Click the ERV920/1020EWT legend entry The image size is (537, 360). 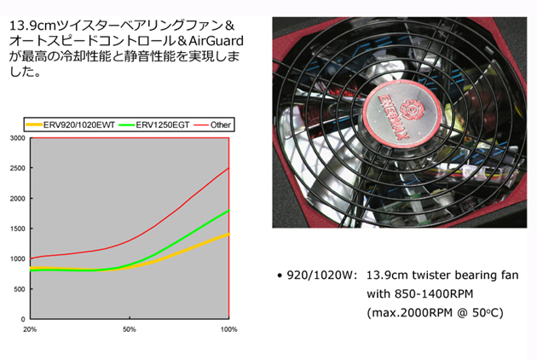pos(71,125)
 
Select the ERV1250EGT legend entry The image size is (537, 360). pos(154,125)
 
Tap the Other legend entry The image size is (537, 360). pos(212,125)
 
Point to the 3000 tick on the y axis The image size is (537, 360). pos(18,138)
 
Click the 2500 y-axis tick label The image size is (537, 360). pos(18,168)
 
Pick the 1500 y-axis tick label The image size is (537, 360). pos(18,229)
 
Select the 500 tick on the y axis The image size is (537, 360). pos(20,289)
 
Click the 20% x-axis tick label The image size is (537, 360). pos(30,329)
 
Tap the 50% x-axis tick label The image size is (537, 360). pos(130,329)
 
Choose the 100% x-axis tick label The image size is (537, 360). pos(228,329)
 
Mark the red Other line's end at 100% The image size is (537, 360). pos(228,168)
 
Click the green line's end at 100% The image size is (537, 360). pos(228,211)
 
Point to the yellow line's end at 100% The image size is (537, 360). pos(228,235)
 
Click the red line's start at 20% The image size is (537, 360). pos(31,258)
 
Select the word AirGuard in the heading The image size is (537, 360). pos(217,41)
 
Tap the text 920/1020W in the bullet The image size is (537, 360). pos(321,276)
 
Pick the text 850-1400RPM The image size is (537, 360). pos(434,293)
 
